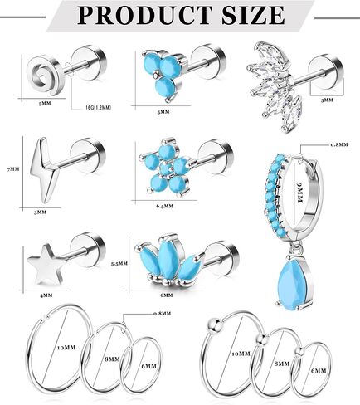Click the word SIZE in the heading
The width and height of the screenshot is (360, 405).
click(x=252, y=15)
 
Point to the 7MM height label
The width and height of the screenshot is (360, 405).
click(x=13, y=169)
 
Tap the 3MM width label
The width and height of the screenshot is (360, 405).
click(x=40, y=212)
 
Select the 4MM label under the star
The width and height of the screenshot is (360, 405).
click(x=46, y=295)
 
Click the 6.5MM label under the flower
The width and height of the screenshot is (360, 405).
click(x=164, y=206)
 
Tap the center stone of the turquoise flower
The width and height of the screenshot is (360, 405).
click(x=167, y=169)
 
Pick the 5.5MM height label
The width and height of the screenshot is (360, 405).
click(x=119, y=264)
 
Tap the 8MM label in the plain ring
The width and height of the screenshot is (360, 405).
click(x=112, y=359)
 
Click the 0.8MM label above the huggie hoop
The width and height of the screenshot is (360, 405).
click(x=339, y=144)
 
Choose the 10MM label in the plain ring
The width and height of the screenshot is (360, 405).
click(x=66, y=348)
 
